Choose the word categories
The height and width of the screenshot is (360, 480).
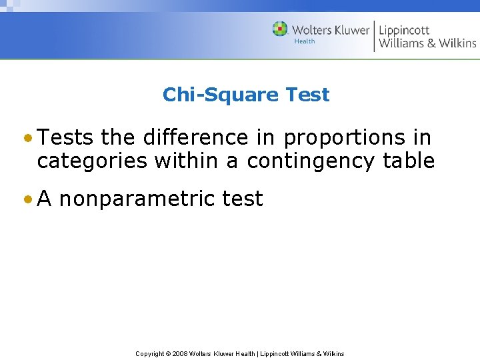93,161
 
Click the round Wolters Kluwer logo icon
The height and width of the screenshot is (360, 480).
280,29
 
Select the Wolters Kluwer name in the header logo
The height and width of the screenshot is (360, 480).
330,30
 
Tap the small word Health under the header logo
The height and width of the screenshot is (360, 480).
305,41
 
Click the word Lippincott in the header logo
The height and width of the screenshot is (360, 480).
405,30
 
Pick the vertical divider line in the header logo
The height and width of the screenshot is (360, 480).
374,36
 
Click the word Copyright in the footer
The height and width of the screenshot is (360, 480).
150,353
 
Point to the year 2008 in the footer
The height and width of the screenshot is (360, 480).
181,353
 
